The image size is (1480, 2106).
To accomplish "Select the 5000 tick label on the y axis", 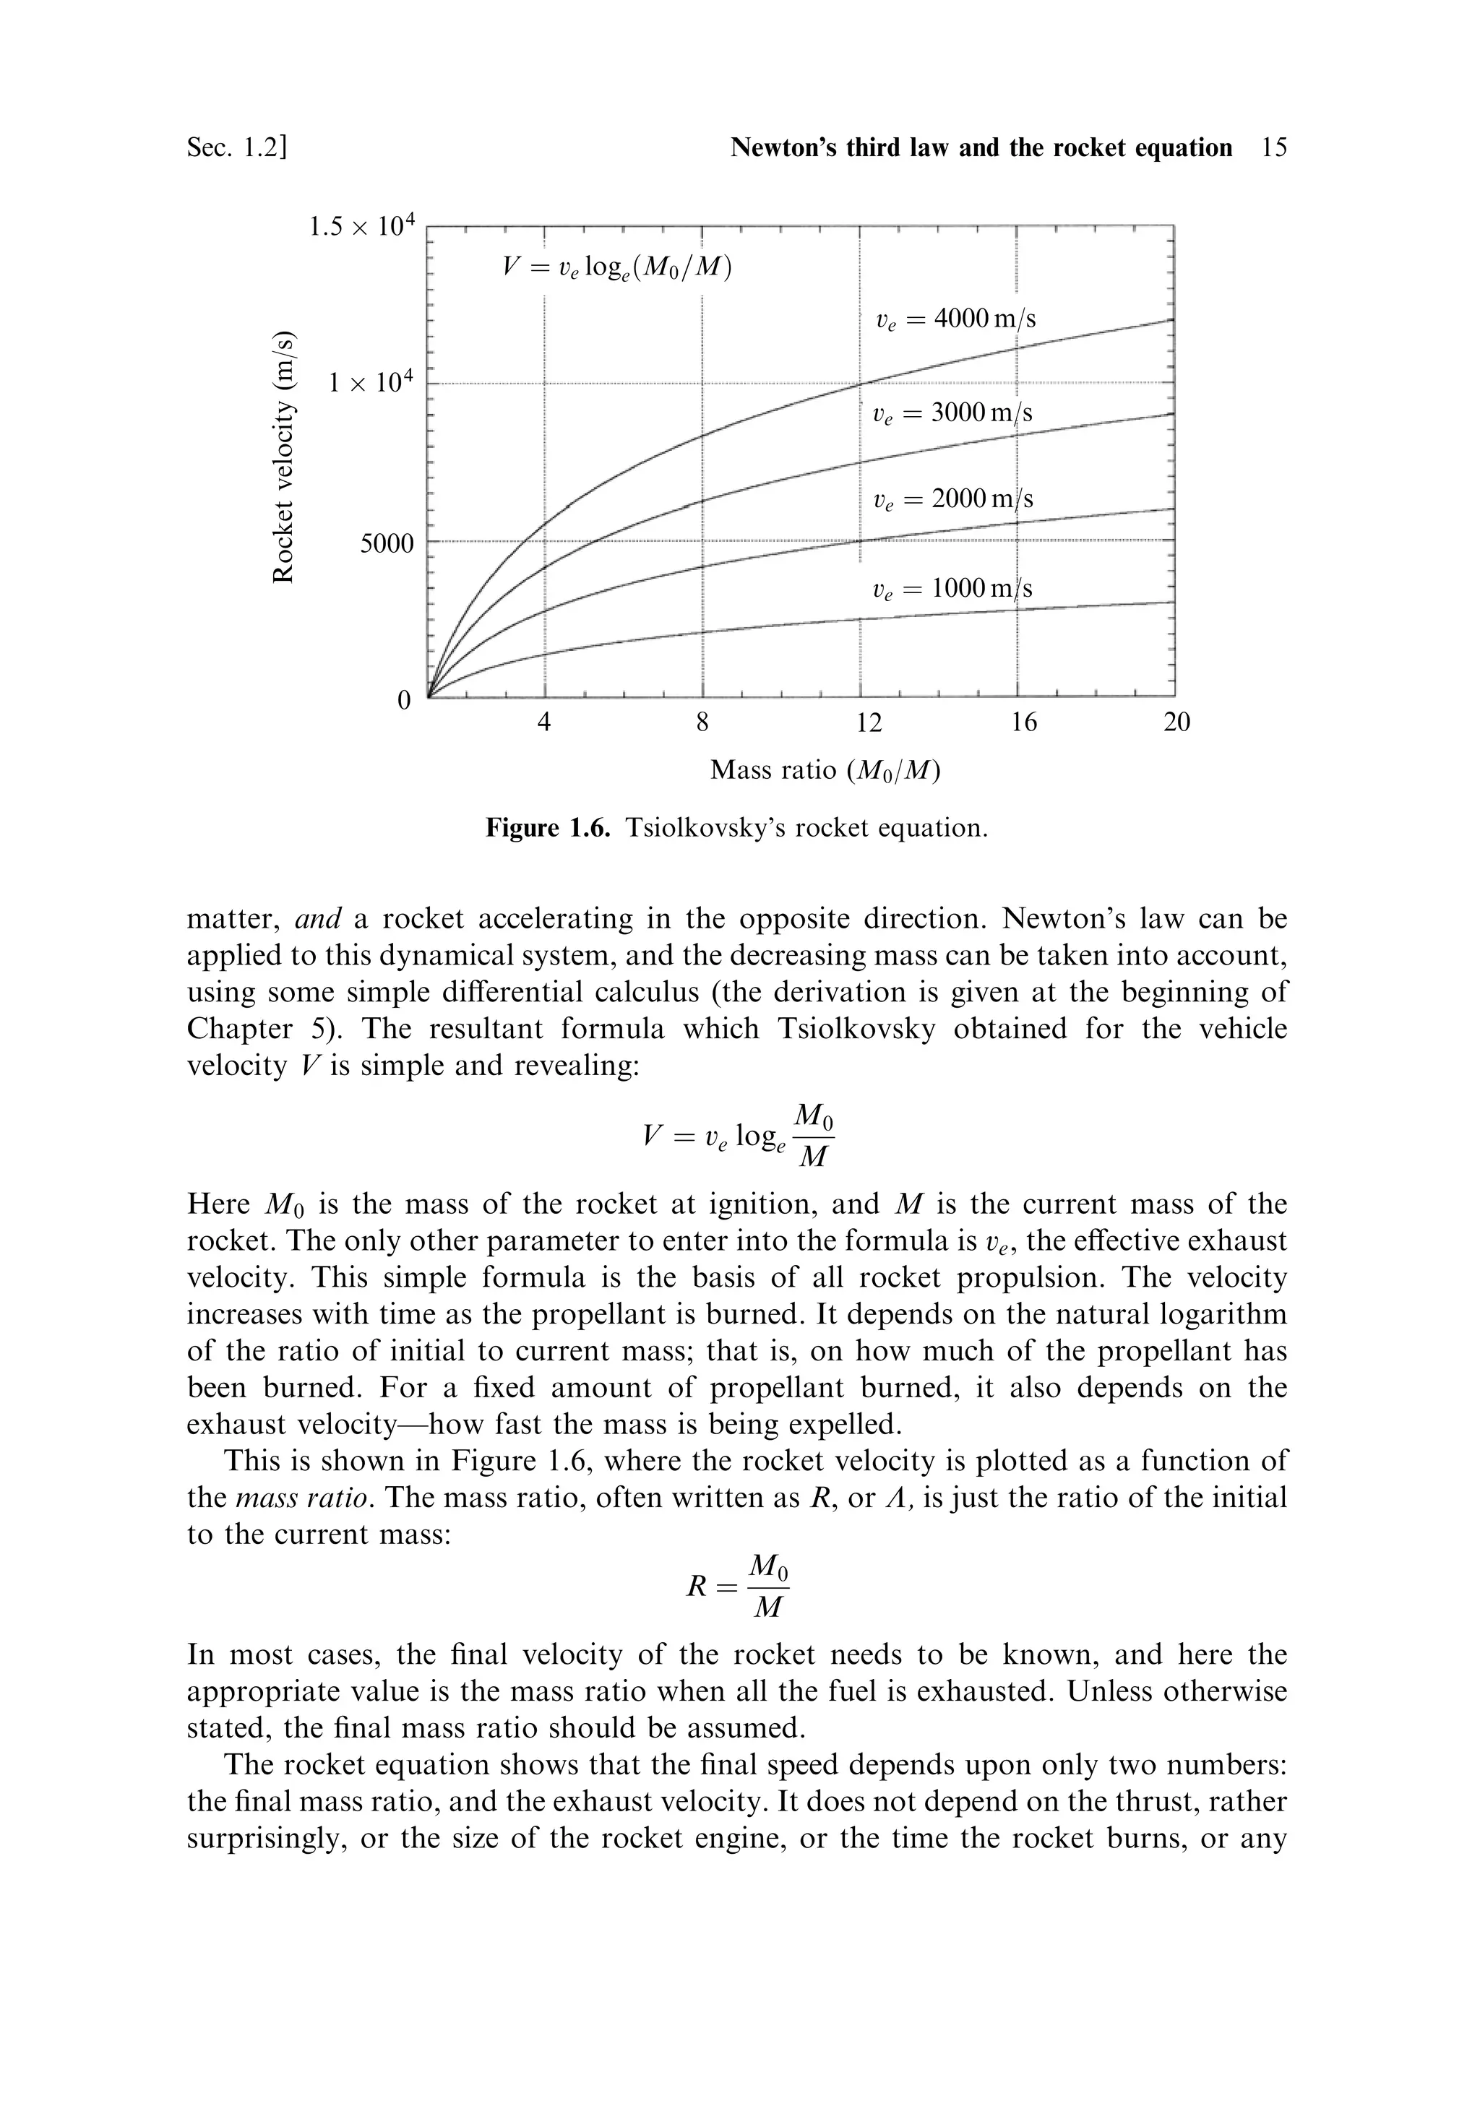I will tap(387, 544).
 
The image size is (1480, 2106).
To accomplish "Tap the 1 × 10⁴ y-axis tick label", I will tap(371, 382).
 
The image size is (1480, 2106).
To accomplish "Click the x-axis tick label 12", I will tap(868, 722).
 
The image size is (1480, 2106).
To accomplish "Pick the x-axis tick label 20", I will tap(1176, 722).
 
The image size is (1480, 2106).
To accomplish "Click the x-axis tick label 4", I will tap(544, 722).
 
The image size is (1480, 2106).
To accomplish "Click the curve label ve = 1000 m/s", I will tap(952, 588).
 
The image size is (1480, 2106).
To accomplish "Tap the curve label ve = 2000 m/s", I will tap(952, 499).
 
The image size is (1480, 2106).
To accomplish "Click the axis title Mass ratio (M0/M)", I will tap(826, 770).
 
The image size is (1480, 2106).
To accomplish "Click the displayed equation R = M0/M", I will tap(738, 1586).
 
